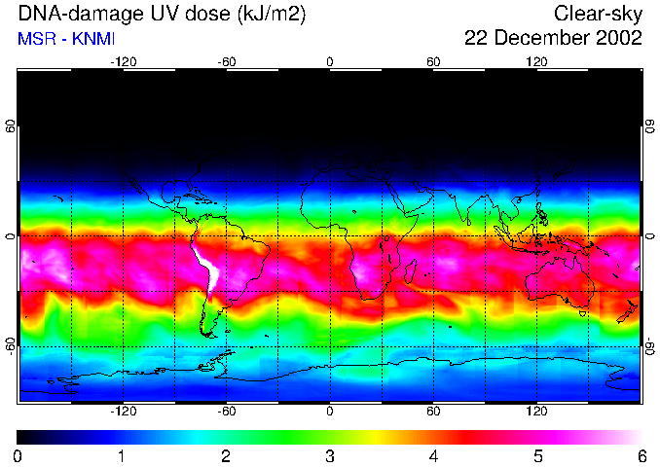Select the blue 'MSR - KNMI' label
[66, 39]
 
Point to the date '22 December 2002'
[553, 39]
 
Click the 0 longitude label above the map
[330, 61]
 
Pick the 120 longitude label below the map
[537, 411]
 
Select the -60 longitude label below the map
[226, 411]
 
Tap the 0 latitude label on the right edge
[649, 236]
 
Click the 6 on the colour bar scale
[641, 455]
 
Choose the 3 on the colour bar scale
[329, 455]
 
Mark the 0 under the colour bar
[18, 455]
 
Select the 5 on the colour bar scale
[536, 455]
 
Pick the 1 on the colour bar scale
[122, 455]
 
